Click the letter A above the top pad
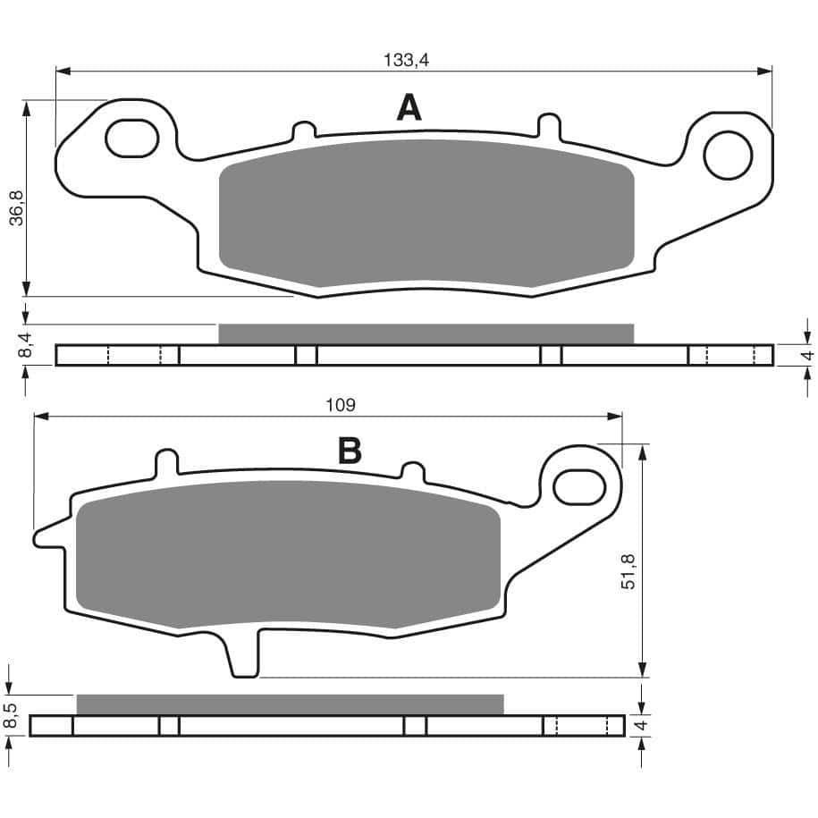click(409, 108)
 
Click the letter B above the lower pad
click(350, 451)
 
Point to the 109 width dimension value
click(341, 405)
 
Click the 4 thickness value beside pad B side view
click(640, 725)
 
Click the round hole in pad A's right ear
click(728, 155)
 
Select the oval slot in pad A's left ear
click(132, 138)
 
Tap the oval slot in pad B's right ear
click(580, 487)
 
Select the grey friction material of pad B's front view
click(288, 562)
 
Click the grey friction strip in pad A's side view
click(426, 333)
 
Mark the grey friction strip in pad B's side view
click(291, 704)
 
